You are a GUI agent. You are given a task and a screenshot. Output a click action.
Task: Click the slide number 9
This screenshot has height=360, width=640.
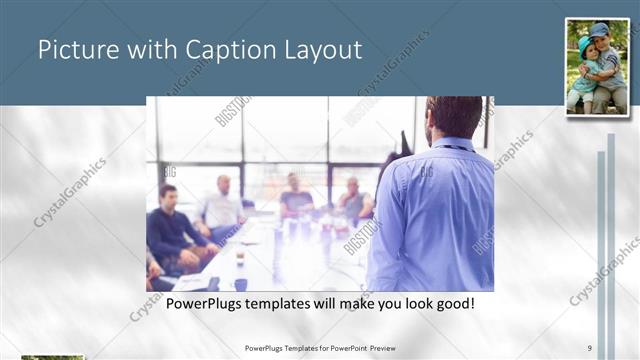pos(589,348)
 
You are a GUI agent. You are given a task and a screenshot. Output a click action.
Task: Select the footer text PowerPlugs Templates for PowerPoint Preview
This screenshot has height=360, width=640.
pos(319,348)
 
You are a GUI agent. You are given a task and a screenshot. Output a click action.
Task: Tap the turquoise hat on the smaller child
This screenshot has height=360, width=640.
pos(583,43)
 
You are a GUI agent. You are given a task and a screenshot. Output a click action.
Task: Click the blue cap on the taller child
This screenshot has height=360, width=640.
pos(599,30)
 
